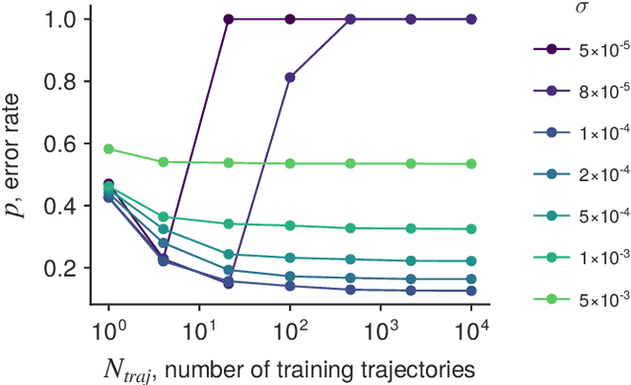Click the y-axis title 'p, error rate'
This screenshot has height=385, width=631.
22,162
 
